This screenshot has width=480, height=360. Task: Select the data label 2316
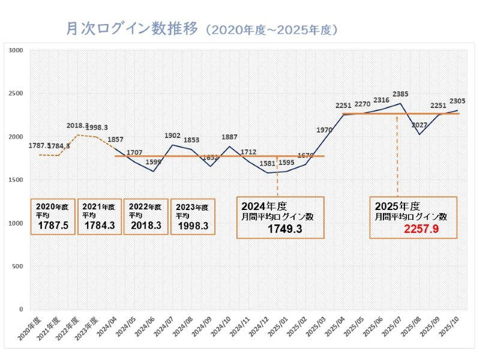(x=380, y=100)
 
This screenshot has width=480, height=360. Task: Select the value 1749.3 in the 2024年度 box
(x=284, y=229)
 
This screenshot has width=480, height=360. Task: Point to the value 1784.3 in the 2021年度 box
(x=98, y=226)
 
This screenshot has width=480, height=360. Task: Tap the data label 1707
(x=134, y=152)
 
